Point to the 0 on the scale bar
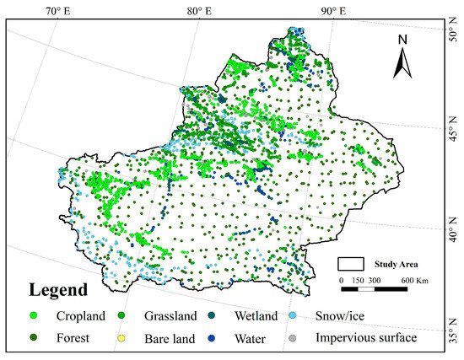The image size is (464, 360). [342, 279]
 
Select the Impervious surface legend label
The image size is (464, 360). [365, 338]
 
